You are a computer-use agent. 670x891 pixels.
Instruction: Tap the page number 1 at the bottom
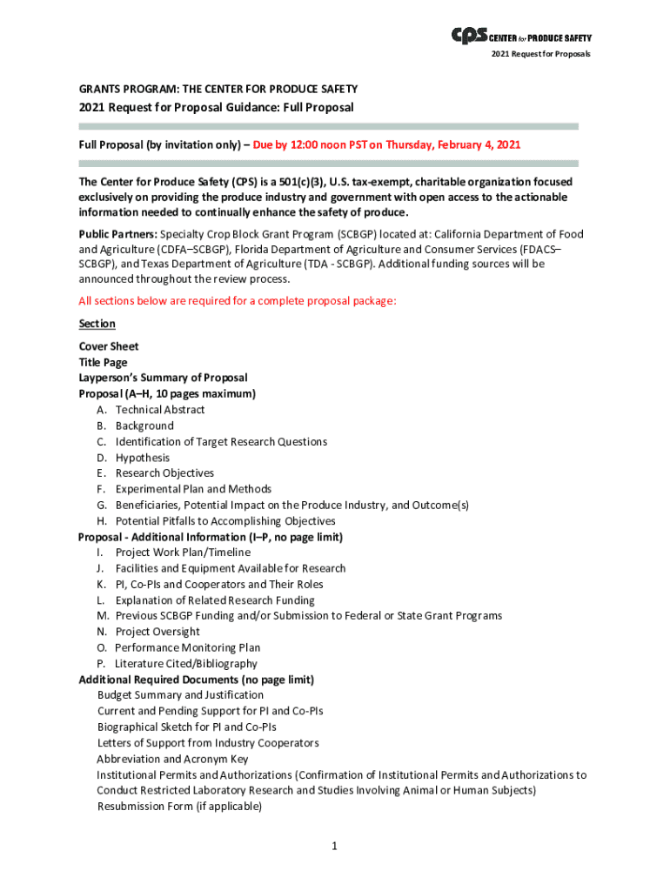[x=334, y=845]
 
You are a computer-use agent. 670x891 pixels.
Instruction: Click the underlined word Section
[x=97, y=324]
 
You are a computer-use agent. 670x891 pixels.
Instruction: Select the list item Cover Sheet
[x=109, y=346]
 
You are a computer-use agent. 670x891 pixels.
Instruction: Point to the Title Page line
[x=103, y=362]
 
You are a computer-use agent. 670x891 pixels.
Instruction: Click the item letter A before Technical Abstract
[x=102, y=410]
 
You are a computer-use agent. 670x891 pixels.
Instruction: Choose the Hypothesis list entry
[x=143, y=458]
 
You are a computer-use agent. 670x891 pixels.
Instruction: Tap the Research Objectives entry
[x=164, y=473]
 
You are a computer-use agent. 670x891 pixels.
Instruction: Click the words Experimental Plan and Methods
[x=193, y=489]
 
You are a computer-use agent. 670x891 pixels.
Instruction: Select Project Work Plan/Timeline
[x=183, y=553]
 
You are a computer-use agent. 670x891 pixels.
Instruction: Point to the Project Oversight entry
[x=157, y=632]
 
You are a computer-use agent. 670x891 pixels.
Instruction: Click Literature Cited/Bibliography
[x=186, y=664]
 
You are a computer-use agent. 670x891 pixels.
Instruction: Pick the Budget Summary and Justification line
[x=180, y=695]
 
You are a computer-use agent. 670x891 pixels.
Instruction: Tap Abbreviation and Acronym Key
[x=172, y=759]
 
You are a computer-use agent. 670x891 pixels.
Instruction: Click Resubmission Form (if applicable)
[x=179, y=807]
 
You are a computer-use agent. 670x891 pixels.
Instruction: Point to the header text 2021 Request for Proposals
[x=540, y=54]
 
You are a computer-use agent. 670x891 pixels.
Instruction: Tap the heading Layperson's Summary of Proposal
[x=163, y=378]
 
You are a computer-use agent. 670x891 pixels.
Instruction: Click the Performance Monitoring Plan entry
[x=187, y=647]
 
